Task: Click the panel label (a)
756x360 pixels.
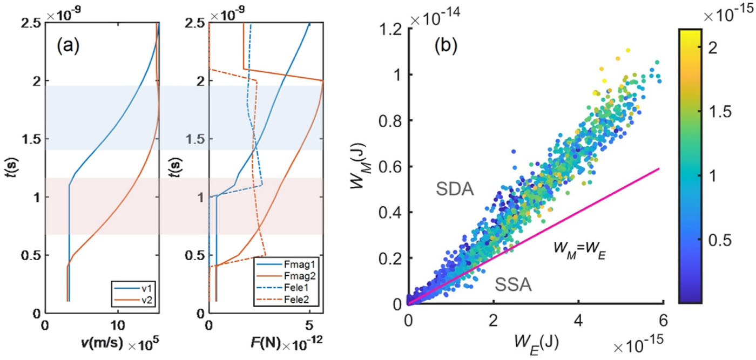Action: tap(68, 45)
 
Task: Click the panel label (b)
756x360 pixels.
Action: tap(446, 45)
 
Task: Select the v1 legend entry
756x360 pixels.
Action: tap(133, 288)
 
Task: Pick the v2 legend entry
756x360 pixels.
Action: tap(133, 300)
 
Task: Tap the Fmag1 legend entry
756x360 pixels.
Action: tap(286, 264)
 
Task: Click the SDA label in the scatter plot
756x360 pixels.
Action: tap(455, 189)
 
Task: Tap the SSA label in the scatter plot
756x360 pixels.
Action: tap(513, 284)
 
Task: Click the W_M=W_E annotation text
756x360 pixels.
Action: tap(579, 250)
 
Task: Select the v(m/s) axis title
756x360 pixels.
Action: tap(102, 343)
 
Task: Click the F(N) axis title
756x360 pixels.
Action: tap(266, 343)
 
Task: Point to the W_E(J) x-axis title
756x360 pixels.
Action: tap(536, 344)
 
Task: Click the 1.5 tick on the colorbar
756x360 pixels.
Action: tap(720, 112)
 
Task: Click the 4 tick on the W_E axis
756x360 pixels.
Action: tap(578, 321)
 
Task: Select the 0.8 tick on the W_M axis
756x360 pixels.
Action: tap(390, 121)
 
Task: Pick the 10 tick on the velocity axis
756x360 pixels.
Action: tap(118, 325)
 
